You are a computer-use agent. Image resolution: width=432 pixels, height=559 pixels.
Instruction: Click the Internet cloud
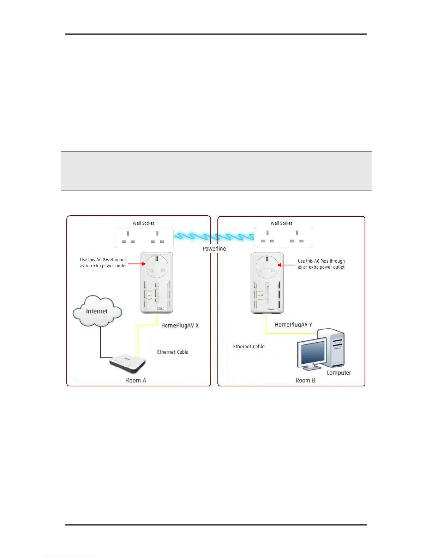tap(97, 311)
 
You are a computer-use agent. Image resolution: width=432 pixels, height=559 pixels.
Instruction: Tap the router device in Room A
tap(128, 363)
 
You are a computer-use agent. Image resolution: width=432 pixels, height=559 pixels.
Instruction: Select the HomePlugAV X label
tap(180, 325)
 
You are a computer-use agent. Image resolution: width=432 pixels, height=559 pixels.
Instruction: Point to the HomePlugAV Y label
tap(293, 325)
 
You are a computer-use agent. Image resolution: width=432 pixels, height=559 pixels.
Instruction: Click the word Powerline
tap(214, 248)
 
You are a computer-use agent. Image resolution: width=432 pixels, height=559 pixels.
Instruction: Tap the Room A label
tap(136, 380)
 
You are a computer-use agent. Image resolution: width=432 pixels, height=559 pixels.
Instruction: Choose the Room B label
tap(305, 380)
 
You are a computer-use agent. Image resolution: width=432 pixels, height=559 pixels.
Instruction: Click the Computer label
tap(338, 373)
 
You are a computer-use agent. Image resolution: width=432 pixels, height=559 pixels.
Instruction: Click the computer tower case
tap(334, 348)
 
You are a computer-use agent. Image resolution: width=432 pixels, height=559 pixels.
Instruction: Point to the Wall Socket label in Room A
tap(143, 223)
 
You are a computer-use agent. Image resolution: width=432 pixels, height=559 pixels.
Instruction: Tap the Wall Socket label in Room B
tap(281, 223)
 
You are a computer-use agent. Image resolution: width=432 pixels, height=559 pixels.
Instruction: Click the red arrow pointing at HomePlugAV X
tap(137, 264)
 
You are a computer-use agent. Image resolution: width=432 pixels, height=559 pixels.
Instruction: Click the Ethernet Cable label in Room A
tap(173, 352)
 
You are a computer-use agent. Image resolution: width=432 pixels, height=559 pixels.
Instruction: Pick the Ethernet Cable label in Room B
tap(248, 347)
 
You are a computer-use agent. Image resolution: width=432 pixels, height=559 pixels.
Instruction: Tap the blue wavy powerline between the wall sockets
tap(214, 236)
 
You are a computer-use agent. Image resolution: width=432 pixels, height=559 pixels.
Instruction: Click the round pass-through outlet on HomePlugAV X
tap(157, 266)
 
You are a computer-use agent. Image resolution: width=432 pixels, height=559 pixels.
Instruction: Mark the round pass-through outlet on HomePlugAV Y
tap(267, 267)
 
